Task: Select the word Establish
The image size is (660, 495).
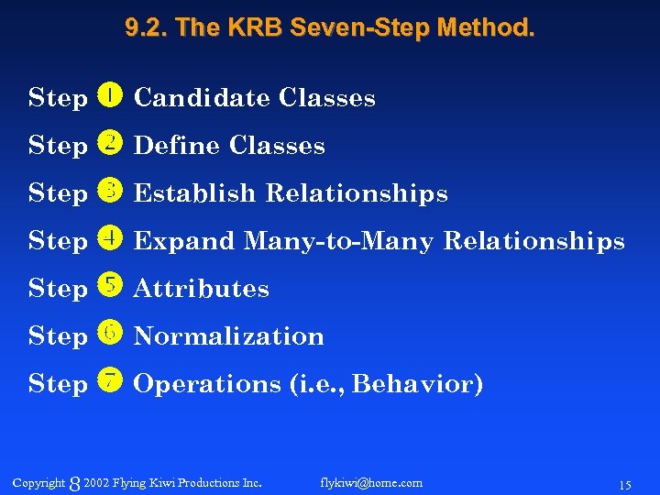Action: (195, 193)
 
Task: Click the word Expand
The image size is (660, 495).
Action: (184, 241)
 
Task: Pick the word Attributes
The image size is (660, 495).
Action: (202, 289)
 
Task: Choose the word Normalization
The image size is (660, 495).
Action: (229, 336)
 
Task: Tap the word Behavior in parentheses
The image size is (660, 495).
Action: (416, 383)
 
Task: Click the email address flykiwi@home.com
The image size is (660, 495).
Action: (371, 482)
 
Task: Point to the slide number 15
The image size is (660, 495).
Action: (625, 484)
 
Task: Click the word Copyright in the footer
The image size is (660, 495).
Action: (38, 482)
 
